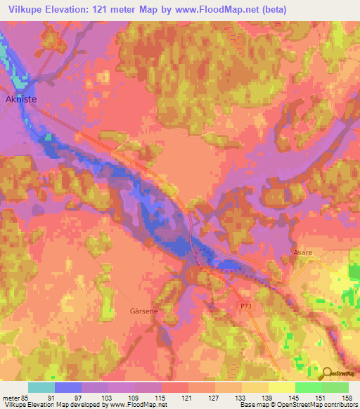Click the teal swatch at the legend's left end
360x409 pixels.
tap(41, 387)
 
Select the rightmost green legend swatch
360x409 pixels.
tap(335, 387)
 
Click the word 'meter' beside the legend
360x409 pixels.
tap(11, 396)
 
